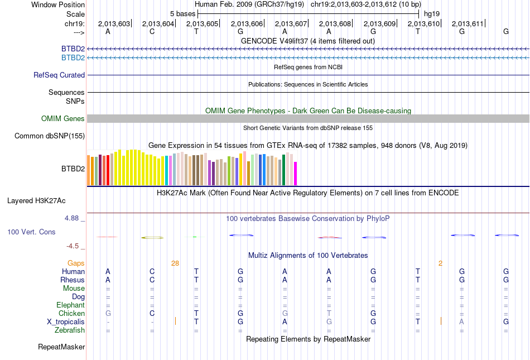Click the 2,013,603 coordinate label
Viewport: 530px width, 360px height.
pyautogui.click(x=114, y=23)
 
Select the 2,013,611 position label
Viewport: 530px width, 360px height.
pyautogui.click(x=468, y=23)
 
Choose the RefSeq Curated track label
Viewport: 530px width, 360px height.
pyautogui.click(x=59, y=75)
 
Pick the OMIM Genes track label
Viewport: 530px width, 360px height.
pyautogui.click(x=63, y=118)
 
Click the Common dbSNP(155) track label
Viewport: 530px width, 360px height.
pyautogui.click(x=50, y=136)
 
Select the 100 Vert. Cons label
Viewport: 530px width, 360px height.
pyautogui.click(x=31, y=231)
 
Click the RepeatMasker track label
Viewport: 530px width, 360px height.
pyautogui.click(x=61, y=347)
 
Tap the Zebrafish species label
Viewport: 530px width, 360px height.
pyautogui.click(x=70, y=330)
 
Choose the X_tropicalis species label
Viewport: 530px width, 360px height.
pyautogui.click(x=66, y=322)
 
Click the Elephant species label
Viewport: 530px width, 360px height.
pyautogui.click(x=70, y=305)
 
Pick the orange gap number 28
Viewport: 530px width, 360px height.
pyautogui.click(x=175, y=263)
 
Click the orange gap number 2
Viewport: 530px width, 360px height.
pyautogui.click(x=440, y=263)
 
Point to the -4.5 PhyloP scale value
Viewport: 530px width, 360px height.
pyautogui.click(x=74, y=246)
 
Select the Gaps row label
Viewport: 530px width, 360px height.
pyautogui.click(x=76, y=263)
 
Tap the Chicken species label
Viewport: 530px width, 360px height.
pyautogui.click(x=71, y=314)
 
